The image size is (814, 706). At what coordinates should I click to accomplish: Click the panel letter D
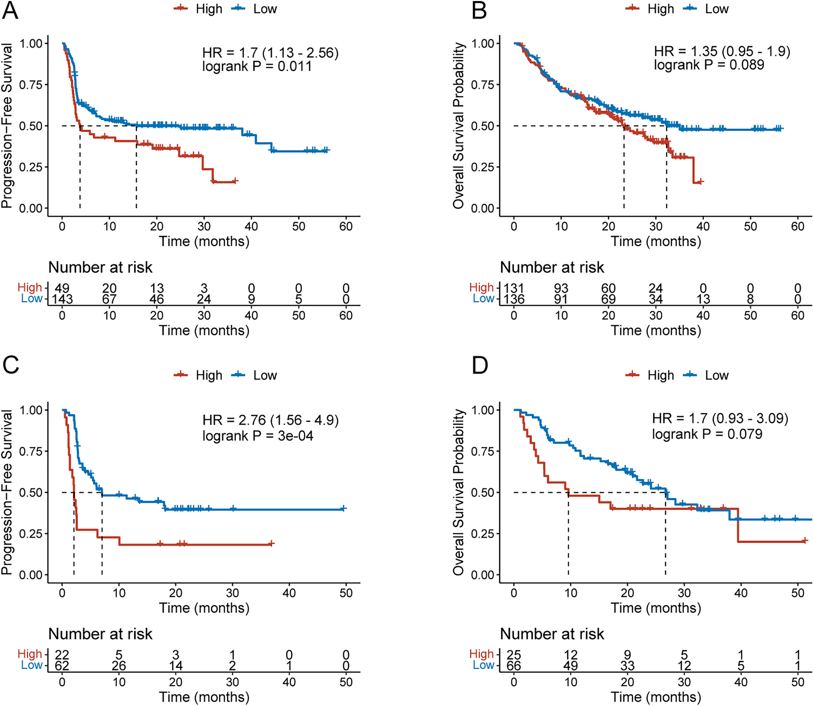point(480,365)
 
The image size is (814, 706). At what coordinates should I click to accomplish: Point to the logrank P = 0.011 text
point(257,66)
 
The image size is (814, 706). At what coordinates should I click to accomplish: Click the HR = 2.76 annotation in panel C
point(270,420)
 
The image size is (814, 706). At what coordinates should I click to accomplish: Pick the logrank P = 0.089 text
point(709,65)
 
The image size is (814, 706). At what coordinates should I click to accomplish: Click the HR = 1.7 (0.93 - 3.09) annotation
point(720,418)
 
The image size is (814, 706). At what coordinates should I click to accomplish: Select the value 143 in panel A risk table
point(62,299)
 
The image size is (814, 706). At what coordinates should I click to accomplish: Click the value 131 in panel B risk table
point(514,289)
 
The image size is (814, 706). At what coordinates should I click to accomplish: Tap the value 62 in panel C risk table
point(62,665)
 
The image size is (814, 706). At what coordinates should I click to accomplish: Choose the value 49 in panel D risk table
point(570,665)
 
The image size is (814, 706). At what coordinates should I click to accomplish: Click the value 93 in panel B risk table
point(561,289)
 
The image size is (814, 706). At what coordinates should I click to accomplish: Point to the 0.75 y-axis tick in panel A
point(31,85)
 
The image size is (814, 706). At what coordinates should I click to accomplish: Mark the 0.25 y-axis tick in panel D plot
point(482,534)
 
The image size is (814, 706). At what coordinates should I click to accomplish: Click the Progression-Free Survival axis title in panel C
point(7,492)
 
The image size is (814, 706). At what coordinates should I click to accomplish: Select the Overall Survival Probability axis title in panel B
point(458,126)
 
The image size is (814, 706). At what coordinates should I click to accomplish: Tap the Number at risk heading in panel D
point(551,633)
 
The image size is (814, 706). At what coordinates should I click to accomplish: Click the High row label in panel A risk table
point(30,287)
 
